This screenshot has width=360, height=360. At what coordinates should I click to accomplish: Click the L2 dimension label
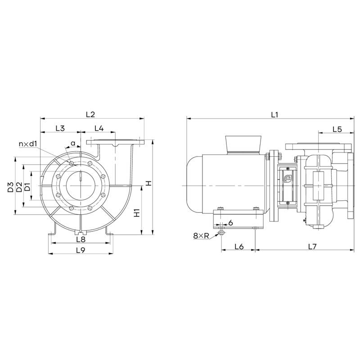[90, 114]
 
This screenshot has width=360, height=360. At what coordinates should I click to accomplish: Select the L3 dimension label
[60, 128]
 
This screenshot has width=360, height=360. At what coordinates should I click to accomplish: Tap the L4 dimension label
[99, 128]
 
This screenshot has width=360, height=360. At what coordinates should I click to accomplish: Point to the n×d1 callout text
[28, 144]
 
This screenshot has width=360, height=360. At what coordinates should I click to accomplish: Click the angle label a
[73, 144]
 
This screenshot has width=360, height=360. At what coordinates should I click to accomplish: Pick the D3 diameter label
[10, 187]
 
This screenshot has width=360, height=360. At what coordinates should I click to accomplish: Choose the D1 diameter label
[27, 187]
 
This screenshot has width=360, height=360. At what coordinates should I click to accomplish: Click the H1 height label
[137, 213]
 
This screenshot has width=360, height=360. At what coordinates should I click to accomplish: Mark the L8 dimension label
[81, 239]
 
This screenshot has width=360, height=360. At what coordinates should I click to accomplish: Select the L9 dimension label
[81, 250]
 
